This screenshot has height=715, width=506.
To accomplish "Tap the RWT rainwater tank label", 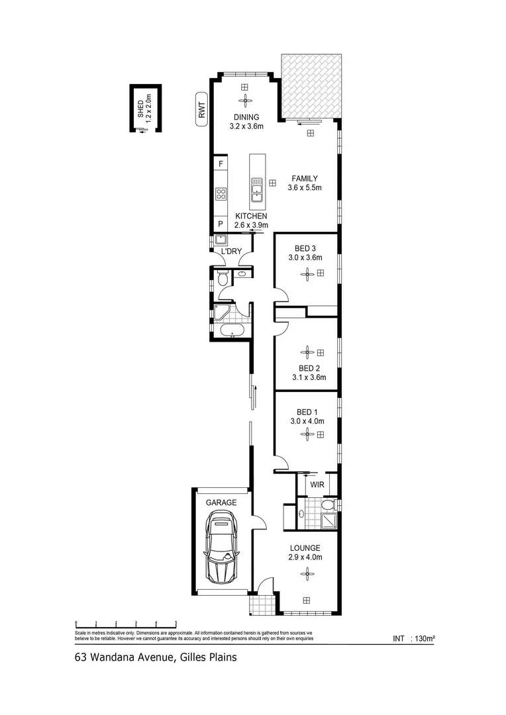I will click(201, 109).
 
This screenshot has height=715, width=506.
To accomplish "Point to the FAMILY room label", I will click(305, 178).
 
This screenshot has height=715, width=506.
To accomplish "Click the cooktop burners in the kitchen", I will click(221, 194).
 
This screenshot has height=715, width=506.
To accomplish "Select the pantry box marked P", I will click(221, 224).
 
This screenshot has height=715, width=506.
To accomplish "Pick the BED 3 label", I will click(305, 248).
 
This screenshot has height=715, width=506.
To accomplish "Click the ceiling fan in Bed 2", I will click(307, 352).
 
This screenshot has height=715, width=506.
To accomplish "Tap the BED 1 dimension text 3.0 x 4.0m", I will click(306, 420).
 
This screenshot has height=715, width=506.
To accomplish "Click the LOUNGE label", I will click(305, 548).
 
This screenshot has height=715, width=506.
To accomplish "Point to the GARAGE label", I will click(221, 503).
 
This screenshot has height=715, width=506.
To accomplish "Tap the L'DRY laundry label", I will click(231, 252).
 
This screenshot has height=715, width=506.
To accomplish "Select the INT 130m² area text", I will click(413, 639).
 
